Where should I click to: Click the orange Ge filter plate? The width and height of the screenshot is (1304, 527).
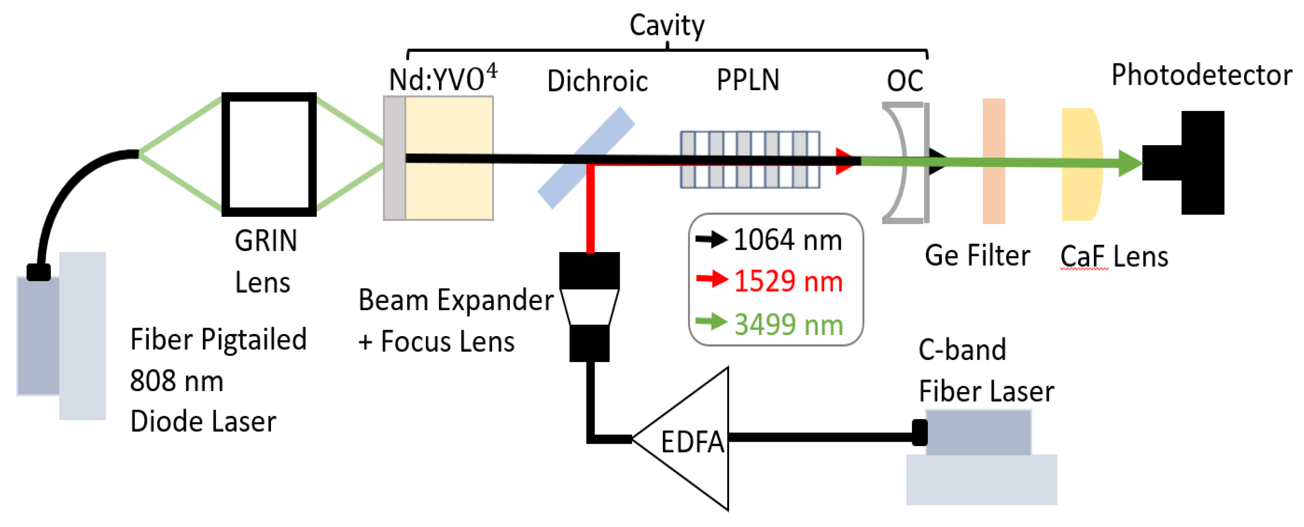(993, 192)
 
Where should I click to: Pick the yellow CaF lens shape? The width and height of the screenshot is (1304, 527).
(1081, 192)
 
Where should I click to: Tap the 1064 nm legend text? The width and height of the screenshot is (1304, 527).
(788, 240)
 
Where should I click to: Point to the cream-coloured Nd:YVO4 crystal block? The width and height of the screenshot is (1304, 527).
(449, 192)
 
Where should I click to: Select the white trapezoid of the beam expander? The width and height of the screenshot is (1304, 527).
(590, 307)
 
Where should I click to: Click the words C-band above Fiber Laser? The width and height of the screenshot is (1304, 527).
(962, 349)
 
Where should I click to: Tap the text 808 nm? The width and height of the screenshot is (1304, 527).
(176, 381)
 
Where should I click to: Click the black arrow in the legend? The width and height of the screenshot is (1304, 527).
(711, 239)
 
